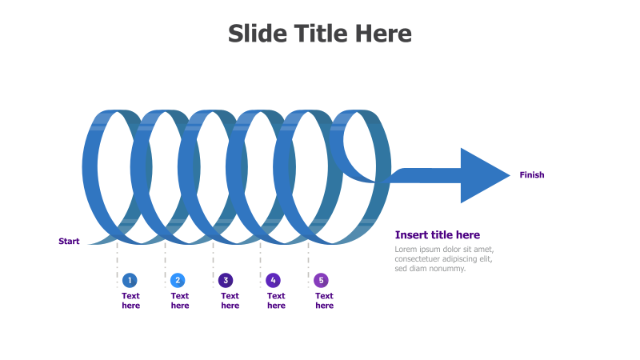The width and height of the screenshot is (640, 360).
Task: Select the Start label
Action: pos(69,241)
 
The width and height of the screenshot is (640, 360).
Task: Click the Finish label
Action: pos(531,175)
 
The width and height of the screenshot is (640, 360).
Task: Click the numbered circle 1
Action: pos(130,280)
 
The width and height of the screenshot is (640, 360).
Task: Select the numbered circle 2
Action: pos(178,280)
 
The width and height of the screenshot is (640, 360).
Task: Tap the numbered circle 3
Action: pos(226,280)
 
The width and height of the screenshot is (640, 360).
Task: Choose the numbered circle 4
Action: pos(274,280)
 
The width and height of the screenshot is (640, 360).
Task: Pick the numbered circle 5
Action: pos(321,280)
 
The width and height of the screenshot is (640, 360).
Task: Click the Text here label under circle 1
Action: pos(130,301)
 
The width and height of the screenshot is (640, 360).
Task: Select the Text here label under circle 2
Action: pos(180,301)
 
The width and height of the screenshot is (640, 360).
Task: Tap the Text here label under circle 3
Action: pos(230,301)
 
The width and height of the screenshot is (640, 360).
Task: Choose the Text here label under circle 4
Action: pos(276,301)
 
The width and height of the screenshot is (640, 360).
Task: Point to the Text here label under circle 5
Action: pos(324,301)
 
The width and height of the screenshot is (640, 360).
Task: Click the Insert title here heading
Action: pos(438,234)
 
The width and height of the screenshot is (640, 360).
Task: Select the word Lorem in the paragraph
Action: pos(406,250)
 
